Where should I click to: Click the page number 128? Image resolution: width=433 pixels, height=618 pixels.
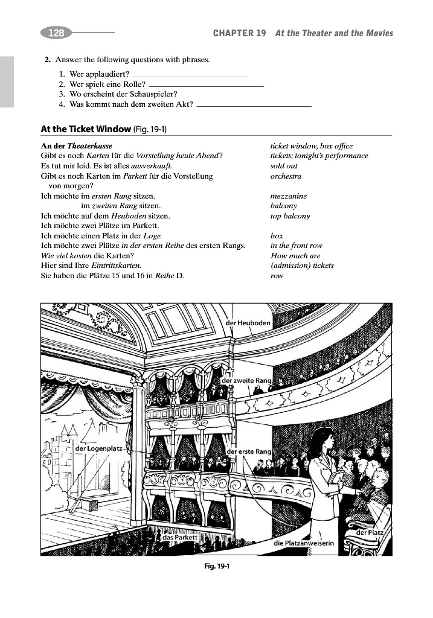56,33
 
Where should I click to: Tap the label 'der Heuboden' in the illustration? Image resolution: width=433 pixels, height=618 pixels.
249,323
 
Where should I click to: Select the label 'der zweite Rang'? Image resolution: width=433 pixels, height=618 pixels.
246,381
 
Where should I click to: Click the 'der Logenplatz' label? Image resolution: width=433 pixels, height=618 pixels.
98,449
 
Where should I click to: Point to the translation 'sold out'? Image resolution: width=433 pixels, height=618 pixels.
284,166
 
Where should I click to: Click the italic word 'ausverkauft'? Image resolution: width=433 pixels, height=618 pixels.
151,166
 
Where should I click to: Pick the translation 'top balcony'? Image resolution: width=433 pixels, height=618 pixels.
290,216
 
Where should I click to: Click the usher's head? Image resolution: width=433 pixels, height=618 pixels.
322,438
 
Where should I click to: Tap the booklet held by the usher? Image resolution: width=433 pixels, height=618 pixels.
335,478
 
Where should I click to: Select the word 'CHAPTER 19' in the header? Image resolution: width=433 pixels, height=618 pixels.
239,33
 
